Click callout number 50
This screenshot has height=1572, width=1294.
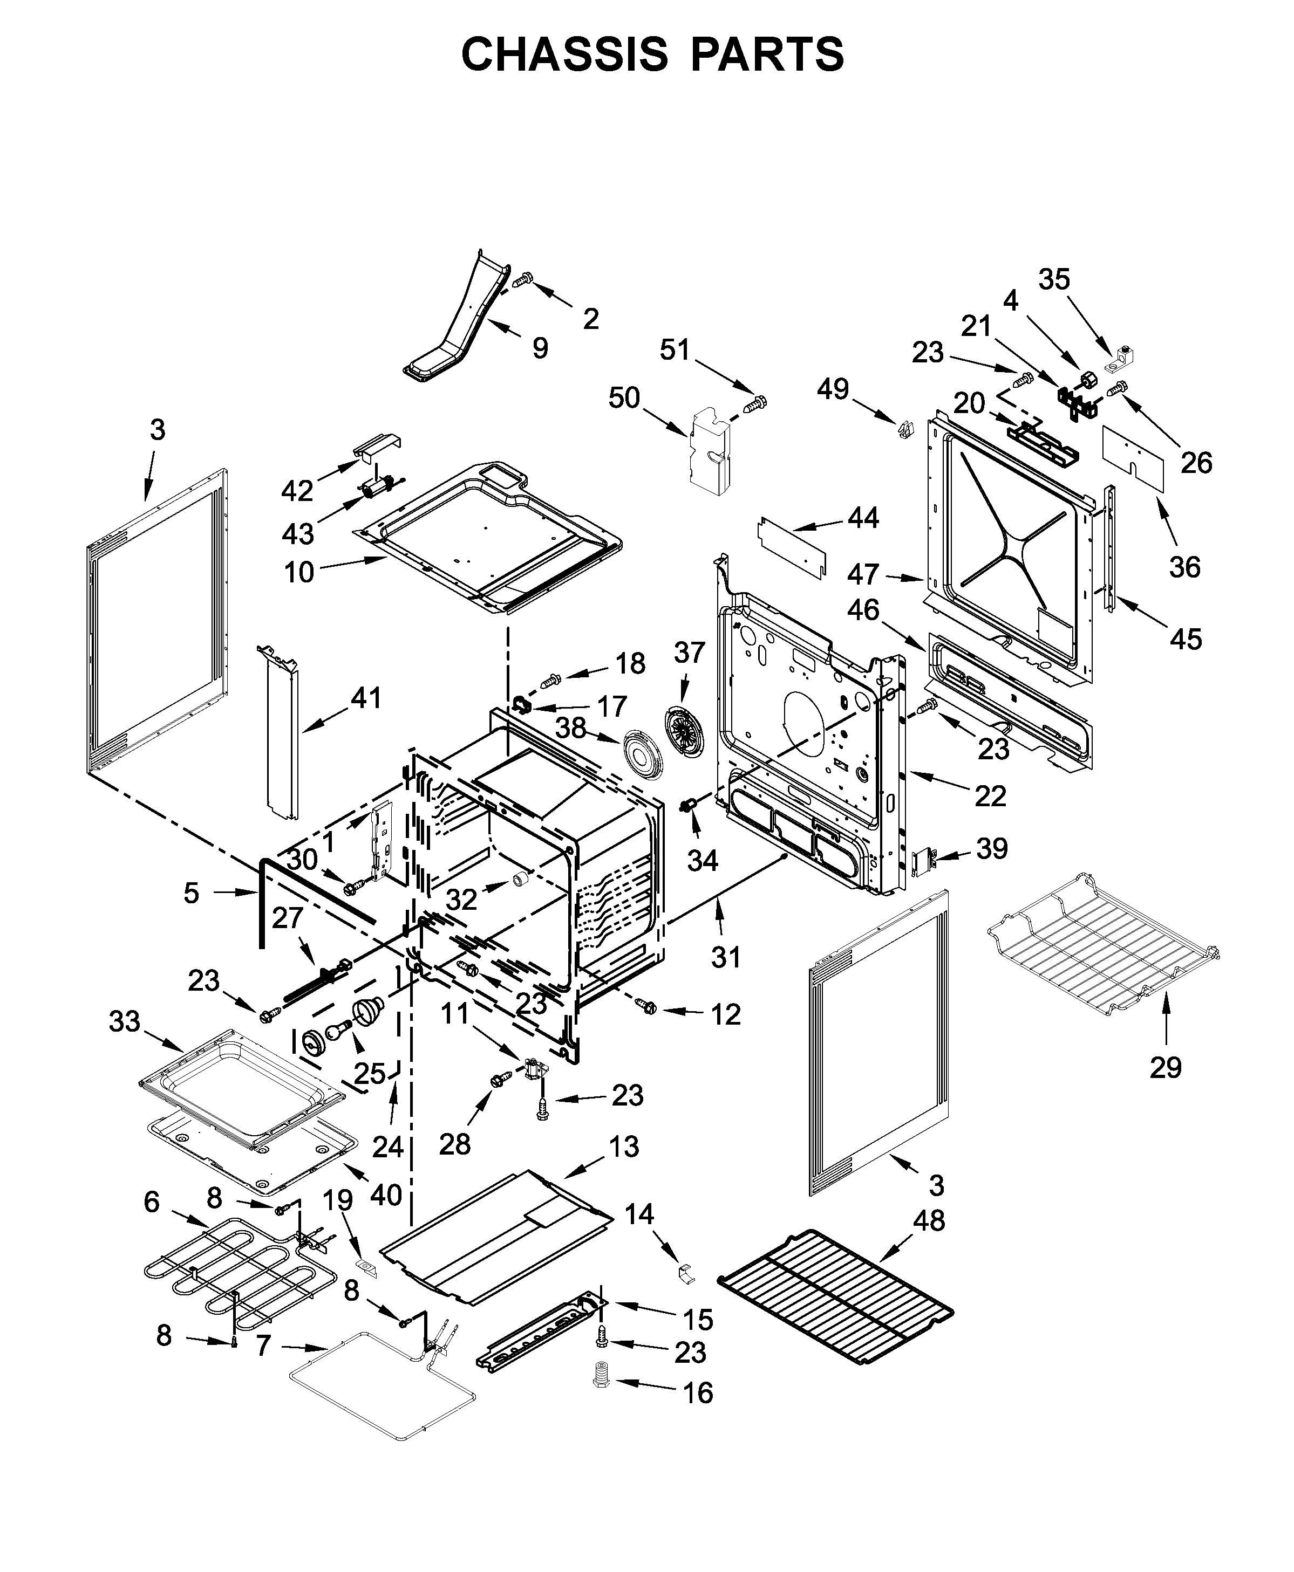[624, 398]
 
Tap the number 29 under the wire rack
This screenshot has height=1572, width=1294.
[1166, 1068]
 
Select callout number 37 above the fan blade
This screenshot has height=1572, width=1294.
[690, 653]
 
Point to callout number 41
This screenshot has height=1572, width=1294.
[366, 698]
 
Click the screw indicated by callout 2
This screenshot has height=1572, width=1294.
[524, 279]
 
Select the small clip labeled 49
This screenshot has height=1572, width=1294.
[905, 430]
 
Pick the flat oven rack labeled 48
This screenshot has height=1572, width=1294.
[835, 1296]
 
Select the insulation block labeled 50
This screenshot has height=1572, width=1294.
[710, 451]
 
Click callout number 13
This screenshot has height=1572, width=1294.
[624, 1147]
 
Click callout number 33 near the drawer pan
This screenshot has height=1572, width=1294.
[125, 1021]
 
